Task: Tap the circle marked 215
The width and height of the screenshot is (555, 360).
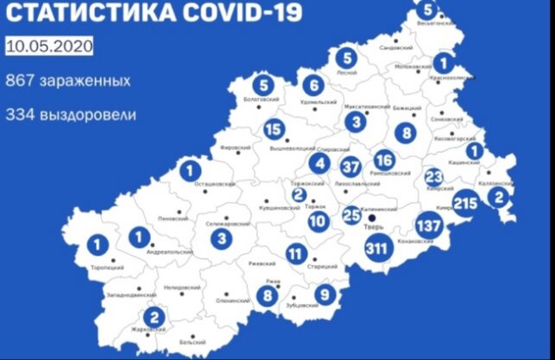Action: point(464,204)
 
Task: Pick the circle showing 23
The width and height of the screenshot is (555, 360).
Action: point(434,176)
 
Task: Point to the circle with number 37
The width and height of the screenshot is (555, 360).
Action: point(350,166)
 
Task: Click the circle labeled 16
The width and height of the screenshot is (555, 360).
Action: point(384,160)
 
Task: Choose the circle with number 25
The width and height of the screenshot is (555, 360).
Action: point(351,215)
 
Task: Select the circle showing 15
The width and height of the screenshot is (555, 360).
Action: point(274,130)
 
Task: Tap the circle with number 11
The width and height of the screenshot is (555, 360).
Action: point(296,254)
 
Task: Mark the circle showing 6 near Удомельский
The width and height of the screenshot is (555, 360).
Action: point(315,85)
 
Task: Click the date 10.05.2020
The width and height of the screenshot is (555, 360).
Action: point(49,46)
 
